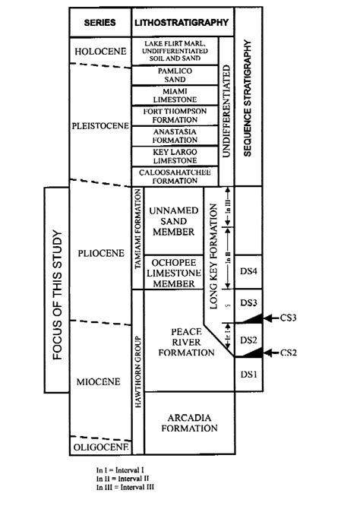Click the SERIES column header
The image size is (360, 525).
pos(99,23)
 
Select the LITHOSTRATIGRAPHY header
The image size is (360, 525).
pos(181,23)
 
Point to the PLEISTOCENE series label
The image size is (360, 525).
pos(99,127)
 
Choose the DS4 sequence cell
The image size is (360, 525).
pos(249,271)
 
